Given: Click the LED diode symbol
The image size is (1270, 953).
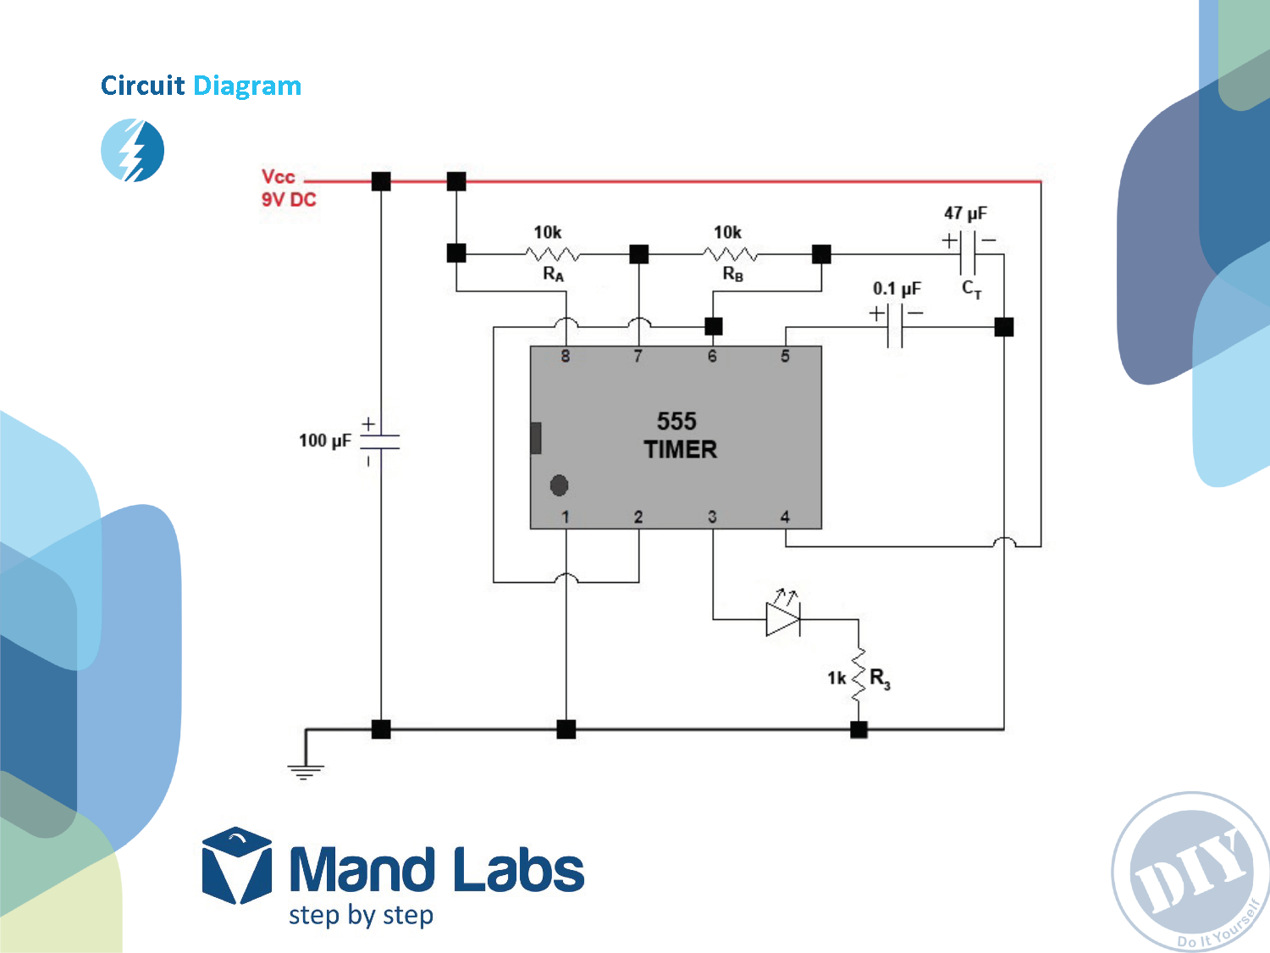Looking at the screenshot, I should tap(782, 618).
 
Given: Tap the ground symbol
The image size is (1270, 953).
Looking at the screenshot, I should tap(305, 770).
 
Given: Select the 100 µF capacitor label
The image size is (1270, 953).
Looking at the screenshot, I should tap(324, 440).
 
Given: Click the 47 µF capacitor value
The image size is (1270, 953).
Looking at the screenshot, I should tap(965, 213).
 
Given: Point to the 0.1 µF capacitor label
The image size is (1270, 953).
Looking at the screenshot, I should tap(897, 289).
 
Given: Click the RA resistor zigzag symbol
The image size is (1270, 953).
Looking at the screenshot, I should tap(552, 253).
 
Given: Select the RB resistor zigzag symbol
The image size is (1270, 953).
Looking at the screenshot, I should tap(731, 253).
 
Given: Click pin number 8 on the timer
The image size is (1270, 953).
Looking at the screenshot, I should tap(566, 357).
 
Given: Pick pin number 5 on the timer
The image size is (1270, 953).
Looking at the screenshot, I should tap(785, 357).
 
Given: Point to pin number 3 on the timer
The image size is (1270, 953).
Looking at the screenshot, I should tap(712, 517).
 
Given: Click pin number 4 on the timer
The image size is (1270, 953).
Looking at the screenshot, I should tap(785, 517).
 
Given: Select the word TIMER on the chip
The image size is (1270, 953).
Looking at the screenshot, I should tap(680, 450).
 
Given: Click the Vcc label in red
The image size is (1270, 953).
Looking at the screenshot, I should tap(278, 177).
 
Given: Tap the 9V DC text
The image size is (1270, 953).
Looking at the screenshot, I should tap(289, 200).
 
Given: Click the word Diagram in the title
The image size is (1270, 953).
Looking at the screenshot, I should tap(247, 86).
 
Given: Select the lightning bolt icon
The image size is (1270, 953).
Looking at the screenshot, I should tap(133, 150).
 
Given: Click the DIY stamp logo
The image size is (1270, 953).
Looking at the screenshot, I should tap(1190, 873).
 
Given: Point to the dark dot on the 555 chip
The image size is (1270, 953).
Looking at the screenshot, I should tap(559, 485).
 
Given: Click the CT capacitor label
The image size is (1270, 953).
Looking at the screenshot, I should tap(971, 289).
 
